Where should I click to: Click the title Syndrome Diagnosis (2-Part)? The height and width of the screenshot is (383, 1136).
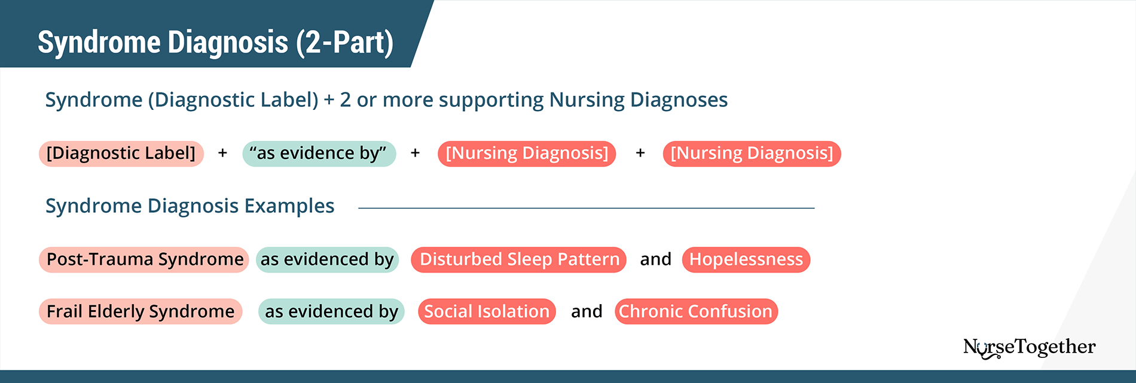(215, 42)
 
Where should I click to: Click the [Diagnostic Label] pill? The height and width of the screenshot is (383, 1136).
(121, 154)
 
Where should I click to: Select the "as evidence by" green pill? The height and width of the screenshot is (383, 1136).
(319, 154)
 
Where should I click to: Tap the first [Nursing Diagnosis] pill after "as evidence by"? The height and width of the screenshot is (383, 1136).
(527, 154)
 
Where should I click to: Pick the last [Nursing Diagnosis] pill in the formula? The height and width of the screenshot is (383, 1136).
(752, 154)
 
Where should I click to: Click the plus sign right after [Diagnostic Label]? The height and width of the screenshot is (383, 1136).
(222, 154)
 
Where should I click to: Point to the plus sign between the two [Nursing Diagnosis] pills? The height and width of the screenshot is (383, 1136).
(640, 154)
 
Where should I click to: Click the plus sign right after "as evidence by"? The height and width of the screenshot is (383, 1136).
(415, 154)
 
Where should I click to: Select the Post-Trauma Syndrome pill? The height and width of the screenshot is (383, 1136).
(144, 259)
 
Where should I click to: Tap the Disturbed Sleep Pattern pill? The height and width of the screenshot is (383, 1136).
(518, 259)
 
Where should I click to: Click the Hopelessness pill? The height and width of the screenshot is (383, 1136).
(746, 259)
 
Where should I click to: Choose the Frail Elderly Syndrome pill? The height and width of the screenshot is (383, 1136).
(141, 311)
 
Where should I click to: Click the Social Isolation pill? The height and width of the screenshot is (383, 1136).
(487, 311)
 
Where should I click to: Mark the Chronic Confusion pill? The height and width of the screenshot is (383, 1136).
(696, 311)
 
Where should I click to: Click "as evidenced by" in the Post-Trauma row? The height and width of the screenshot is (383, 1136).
(327, 259)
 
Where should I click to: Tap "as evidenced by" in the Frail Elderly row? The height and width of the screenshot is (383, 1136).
(331, 311)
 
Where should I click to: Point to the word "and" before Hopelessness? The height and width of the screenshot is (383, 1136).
(655, 259)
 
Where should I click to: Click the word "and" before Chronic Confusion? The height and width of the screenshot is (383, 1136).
(587, 311)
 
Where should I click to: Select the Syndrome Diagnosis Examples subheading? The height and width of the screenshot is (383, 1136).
(190, 206)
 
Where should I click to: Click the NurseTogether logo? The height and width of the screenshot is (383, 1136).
(1029, 347)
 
